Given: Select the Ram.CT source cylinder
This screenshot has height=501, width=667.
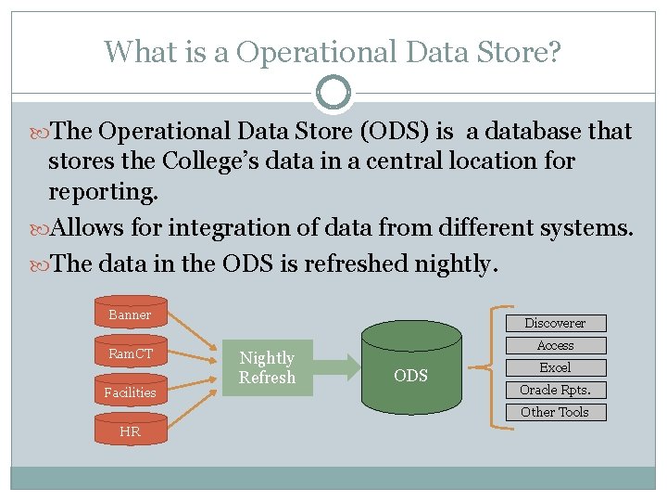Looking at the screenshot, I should pos(130,353).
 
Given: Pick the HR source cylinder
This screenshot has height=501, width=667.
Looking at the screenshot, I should pos(130,430).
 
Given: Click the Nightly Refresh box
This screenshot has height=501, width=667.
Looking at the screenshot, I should pos(267,367).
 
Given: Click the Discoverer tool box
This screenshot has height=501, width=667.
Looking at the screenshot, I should pos(555,323).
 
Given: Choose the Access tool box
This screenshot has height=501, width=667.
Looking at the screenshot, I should pos(555,345).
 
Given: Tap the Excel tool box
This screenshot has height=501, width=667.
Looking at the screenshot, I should pos(555,367).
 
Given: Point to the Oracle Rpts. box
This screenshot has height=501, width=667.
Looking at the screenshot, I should pos(555,390).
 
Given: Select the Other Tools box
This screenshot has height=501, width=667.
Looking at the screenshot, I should pos(555,412).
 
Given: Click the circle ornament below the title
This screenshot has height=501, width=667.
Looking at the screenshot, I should pos(333,93).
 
